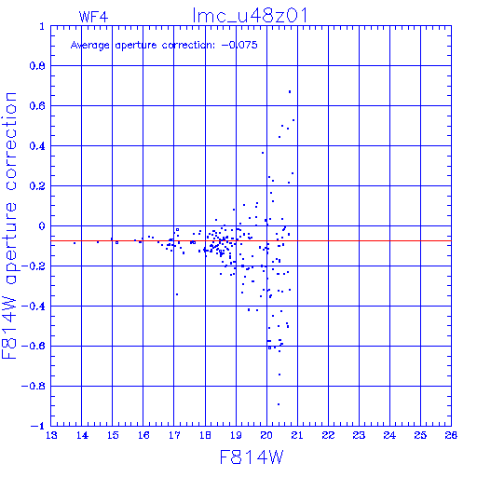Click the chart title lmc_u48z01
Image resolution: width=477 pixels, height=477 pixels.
(251, 16)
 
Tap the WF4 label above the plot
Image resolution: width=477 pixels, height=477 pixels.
(93, 17)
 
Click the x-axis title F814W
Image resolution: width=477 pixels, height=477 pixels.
(252, 457)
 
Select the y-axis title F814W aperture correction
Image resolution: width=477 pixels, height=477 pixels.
(10, 225)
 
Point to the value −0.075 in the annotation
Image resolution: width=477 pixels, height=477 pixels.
(239, 45)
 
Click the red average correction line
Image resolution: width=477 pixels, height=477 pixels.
(251, 240)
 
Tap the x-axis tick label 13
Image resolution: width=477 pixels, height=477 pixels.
(51, 435)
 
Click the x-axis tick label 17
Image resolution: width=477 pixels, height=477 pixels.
(174, 435)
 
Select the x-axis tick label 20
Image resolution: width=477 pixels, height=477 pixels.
(266, 435)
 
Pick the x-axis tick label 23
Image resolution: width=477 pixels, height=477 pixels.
(359, 435)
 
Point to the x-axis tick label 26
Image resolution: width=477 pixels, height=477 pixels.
(451, 435)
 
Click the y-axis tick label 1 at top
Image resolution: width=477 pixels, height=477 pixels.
(42, 26)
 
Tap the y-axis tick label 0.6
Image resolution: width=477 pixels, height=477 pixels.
(37, 106)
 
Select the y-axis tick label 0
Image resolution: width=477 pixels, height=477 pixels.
(42, 225)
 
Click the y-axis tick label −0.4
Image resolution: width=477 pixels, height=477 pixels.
(34, 307)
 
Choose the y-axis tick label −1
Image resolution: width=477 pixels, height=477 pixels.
(38, 426)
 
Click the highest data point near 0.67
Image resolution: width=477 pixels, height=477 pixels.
(290, 91)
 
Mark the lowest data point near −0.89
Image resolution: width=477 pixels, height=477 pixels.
(279, 404)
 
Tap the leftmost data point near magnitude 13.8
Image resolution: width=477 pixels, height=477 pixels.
(75, 243)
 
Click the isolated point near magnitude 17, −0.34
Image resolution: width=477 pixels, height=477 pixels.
(177, 294)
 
